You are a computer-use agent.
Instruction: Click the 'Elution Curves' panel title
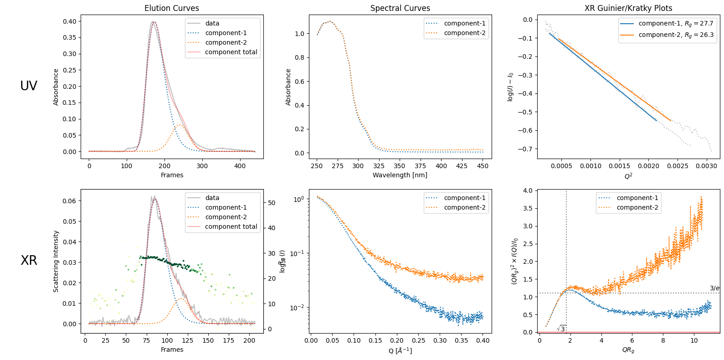172,8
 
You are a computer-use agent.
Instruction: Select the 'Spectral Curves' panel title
400,8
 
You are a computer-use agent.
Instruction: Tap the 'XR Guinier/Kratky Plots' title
628,8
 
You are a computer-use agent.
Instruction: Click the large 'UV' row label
29,86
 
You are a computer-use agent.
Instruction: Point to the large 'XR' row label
29,260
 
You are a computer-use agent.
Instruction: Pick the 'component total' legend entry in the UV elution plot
231,52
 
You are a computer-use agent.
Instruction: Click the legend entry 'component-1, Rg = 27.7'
676,23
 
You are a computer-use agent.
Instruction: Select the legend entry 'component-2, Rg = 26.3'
676,35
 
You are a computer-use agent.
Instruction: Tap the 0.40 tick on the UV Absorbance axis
70,21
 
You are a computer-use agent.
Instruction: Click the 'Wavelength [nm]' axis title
400,175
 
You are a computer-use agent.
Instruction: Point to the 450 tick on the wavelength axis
483,166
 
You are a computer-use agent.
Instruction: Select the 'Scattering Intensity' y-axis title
56,261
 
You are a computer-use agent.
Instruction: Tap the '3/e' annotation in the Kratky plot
714,288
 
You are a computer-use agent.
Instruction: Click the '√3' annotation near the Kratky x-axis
561,329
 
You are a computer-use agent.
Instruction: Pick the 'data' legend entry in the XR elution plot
212,198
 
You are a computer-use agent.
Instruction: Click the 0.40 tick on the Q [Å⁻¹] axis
483,340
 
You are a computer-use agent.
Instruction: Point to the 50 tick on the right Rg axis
272,203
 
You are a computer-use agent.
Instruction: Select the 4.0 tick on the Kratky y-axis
528,190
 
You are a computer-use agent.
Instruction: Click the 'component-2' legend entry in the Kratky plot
637,207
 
